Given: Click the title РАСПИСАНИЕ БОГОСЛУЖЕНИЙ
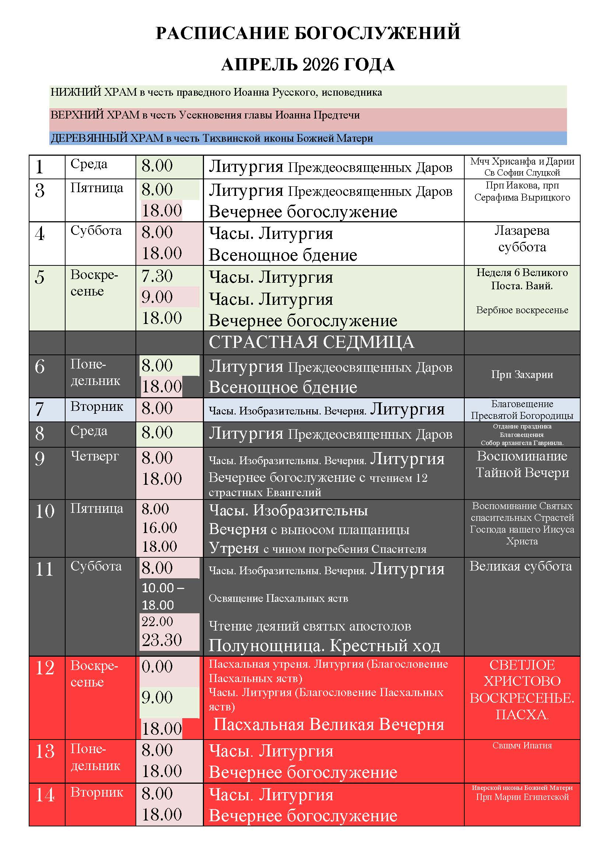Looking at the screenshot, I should click(x=307, y=33).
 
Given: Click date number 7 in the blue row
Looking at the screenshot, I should click(x=39, y=409).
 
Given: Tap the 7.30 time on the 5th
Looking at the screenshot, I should click(x=157, y=276).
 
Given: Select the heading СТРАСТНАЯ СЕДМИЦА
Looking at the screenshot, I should click(x=311, y=342).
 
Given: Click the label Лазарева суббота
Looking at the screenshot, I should click(x=522, y=239).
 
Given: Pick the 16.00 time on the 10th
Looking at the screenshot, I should click(x=159, y=528).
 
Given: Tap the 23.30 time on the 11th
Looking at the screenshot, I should click(x=161, y=640).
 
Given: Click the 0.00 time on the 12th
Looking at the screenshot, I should click(x=157, y=667).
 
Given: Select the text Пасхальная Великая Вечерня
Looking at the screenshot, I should click(x=328, y=724).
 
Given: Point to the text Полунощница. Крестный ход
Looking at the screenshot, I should click(x=324, y=645).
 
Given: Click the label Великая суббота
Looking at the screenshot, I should click(x=521, y=566).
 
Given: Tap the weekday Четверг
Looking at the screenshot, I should click(x=95, y=456).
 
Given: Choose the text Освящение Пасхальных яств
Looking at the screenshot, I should click(x=278, y=598).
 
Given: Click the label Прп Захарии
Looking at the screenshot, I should click(x=522, y=375).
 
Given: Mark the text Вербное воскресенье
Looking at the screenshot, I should click(x=522, y=310).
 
